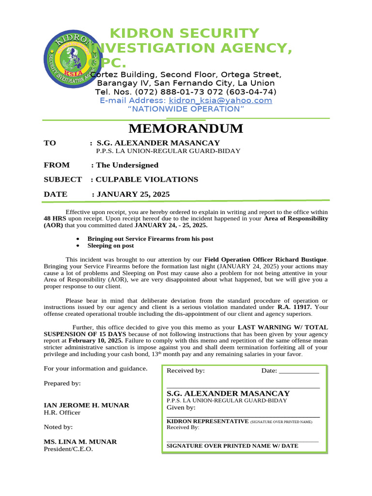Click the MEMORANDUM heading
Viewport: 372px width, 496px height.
pyautogui.click(x=186, y=129)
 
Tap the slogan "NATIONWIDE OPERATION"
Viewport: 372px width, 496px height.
pyautogui.click(x=186, y=109)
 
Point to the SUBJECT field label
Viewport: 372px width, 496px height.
pyautogui.click(x=62, y=179)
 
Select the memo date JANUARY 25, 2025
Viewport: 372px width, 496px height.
pyautogui.click(x=133, y=194)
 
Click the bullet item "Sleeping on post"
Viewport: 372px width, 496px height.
pyautogui.click(x=110, y=246)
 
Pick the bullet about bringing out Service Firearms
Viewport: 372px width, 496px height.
pyautogui.click(x=150, y=239)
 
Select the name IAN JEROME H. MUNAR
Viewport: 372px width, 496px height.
pyautogui.click(x=86, y=405)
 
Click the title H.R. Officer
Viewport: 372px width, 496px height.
pyautogui.click(x=62, y=413)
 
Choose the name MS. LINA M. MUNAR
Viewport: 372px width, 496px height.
pyautogui.click(x=80, y=442)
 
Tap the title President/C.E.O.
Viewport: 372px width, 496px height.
pyautogui.click(x=68, y=449)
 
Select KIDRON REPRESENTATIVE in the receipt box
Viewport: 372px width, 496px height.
pyautogui.click(x=207, y=421)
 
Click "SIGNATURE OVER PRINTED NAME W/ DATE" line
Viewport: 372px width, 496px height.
pyautogui.click(x=232, y=446)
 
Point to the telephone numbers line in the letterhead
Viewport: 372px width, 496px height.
pyautogui.click(x=186, y=92)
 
